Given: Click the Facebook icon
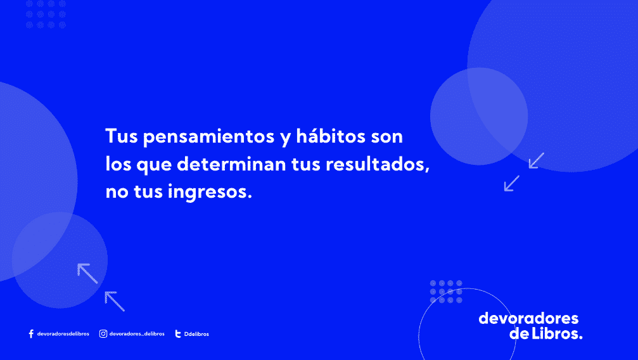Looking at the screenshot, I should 31,334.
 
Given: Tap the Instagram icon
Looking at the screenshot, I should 103,334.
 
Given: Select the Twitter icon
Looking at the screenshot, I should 178,334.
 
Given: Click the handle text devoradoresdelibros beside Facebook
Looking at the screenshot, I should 63,334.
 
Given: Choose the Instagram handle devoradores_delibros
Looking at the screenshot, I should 137,334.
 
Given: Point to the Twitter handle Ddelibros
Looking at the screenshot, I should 196,334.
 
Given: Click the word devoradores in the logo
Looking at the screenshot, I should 528,318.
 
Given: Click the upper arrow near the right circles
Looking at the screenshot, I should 536,160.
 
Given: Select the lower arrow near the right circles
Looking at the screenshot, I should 511,183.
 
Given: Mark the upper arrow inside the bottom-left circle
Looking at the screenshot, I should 87,273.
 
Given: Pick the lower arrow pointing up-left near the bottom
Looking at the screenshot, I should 114,300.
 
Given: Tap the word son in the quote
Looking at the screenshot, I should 387,136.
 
